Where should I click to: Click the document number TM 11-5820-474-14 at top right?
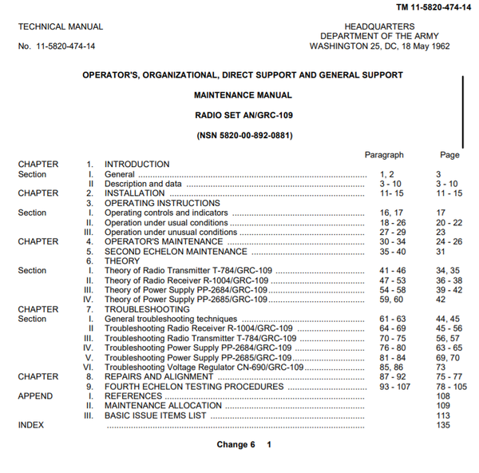pyautogui.click(x=432, y=7)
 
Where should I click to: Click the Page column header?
pyautogui.click(x=449, y=154)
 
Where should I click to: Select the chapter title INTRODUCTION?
pyautogui.click(x=137, y=165)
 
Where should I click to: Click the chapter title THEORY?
pyautogui.click(x=122, y=260)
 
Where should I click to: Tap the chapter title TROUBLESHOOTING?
pyautogui.click(x=147, y=309)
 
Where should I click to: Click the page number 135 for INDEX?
pyautogui.click(x=443, y=425)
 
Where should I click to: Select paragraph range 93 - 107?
pyautogui.click(x=396, y=387)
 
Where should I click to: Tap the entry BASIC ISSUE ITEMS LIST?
pyautogui.click(x=156, y=415)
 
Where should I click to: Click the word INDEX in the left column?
pyautogui.click(x=31, y=425)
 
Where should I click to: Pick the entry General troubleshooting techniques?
pyautogui.click(x=171, y=319)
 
